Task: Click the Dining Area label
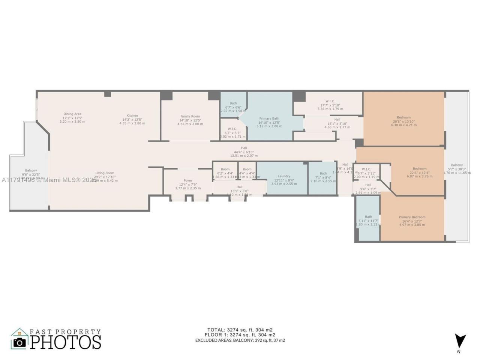(72, 114)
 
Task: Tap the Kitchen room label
(132, 115)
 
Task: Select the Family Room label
(190, 117)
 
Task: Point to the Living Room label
(105, 173)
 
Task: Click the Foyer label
(188, 181)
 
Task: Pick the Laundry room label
(284, 176)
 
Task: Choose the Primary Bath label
(269, 118)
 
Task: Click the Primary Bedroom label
(412, 217)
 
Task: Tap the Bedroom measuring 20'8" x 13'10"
(404, 117)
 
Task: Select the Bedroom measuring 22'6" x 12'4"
(420, 169)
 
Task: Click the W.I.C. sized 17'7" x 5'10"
(330, 101)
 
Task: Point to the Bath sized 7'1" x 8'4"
(323, 174)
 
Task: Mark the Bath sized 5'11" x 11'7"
(369, 217)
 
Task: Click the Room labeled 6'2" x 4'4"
(225, 169)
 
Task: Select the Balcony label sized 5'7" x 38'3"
(457, 165)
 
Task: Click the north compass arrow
(460, 339)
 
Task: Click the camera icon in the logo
(19, 342)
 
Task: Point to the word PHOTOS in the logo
(66, 342)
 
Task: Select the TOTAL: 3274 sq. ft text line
(240, 330)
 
